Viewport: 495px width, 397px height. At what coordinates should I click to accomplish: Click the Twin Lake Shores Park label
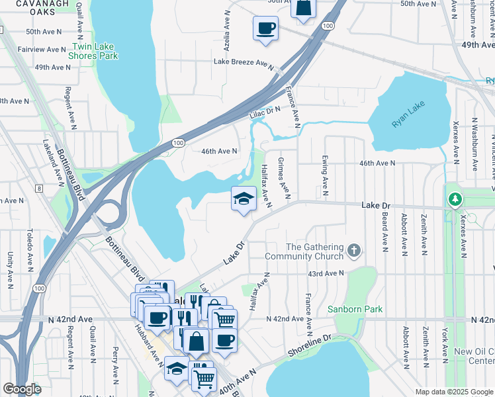[x=94, y=52]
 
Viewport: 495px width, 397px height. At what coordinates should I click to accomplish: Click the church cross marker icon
[x=355, y=250]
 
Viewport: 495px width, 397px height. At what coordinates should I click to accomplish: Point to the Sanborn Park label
[x=355, y=309]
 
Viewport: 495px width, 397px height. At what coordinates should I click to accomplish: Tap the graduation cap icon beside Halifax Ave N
[x=244, y=198]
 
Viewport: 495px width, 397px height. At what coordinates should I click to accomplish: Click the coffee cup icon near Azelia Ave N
[x=265, y=28]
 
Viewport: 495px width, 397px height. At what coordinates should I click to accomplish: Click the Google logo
[x=22, y=389]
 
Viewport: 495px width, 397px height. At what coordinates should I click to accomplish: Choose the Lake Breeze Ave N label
[x=243, y=62]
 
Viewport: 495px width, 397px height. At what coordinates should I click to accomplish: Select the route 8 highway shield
[x=39, y=189]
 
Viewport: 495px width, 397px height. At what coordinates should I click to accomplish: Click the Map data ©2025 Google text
[x=453, y=392]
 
